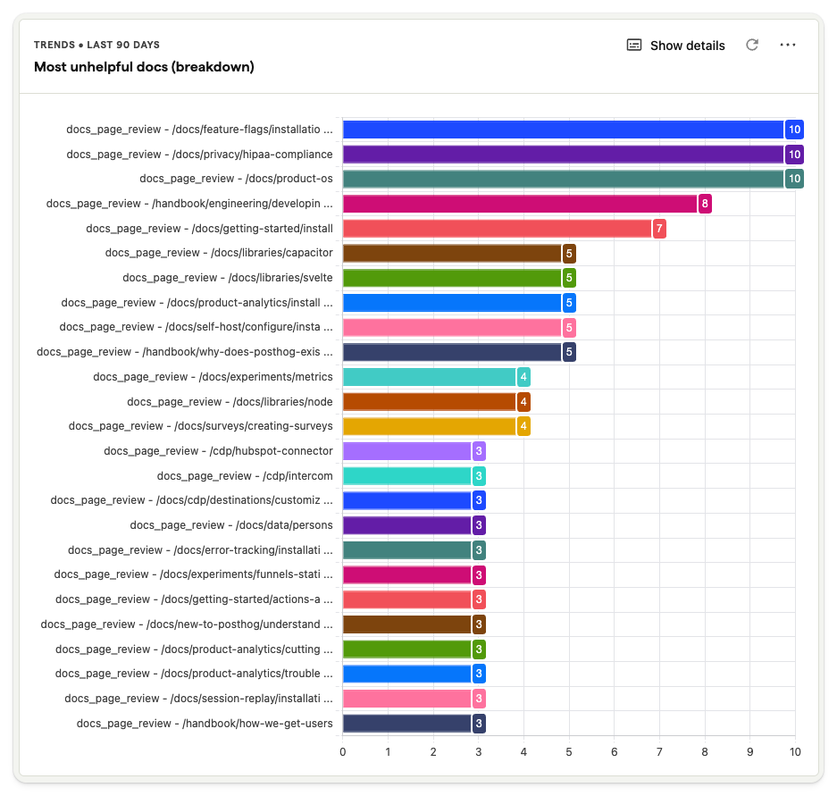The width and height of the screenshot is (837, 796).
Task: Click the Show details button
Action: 676,46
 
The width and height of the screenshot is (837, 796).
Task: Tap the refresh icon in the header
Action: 752,45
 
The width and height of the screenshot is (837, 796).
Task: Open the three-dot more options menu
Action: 787,45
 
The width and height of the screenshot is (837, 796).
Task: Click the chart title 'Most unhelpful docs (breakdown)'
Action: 144,67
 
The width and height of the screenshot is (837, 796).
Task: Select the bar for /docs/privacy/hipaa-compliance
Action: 563,155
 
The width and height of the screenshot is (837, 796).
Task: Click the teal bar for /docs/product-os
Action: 563,179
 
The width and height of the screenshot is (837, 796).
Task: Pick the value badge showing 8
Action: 705,204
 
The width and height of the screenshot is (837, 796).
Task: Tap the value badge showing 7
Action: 659,229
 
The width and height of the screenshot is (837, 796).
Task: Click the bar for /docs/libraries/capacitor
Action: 452,253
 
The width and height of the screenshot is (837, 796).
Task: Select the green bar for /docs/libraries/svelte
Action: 452,278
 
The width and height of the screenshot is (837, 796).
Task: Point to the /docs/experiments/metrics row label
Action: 213,377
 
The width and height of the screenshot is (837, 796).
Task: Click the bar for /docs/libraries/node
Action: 429,402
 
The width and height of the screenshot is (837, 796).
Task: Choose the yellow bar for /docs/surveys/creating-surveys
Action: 429,426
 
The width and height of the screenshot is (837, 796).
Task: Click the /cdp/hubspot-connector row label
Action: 218,451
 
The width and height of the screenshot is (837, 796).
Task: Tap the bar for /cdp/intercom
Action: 406,476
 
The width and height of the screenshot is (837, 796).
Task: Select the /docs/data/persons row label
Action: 231,525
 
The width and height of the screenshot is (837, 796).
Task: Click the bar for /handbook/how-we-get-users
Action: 406,724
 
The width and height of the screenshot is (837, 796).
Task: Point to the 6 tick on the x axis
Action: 615,752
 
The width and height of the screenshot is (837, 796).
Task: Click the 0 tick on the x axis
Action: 343,752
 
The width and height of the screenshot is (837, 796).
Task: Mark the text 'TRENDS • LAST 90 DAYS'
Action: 96,45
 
